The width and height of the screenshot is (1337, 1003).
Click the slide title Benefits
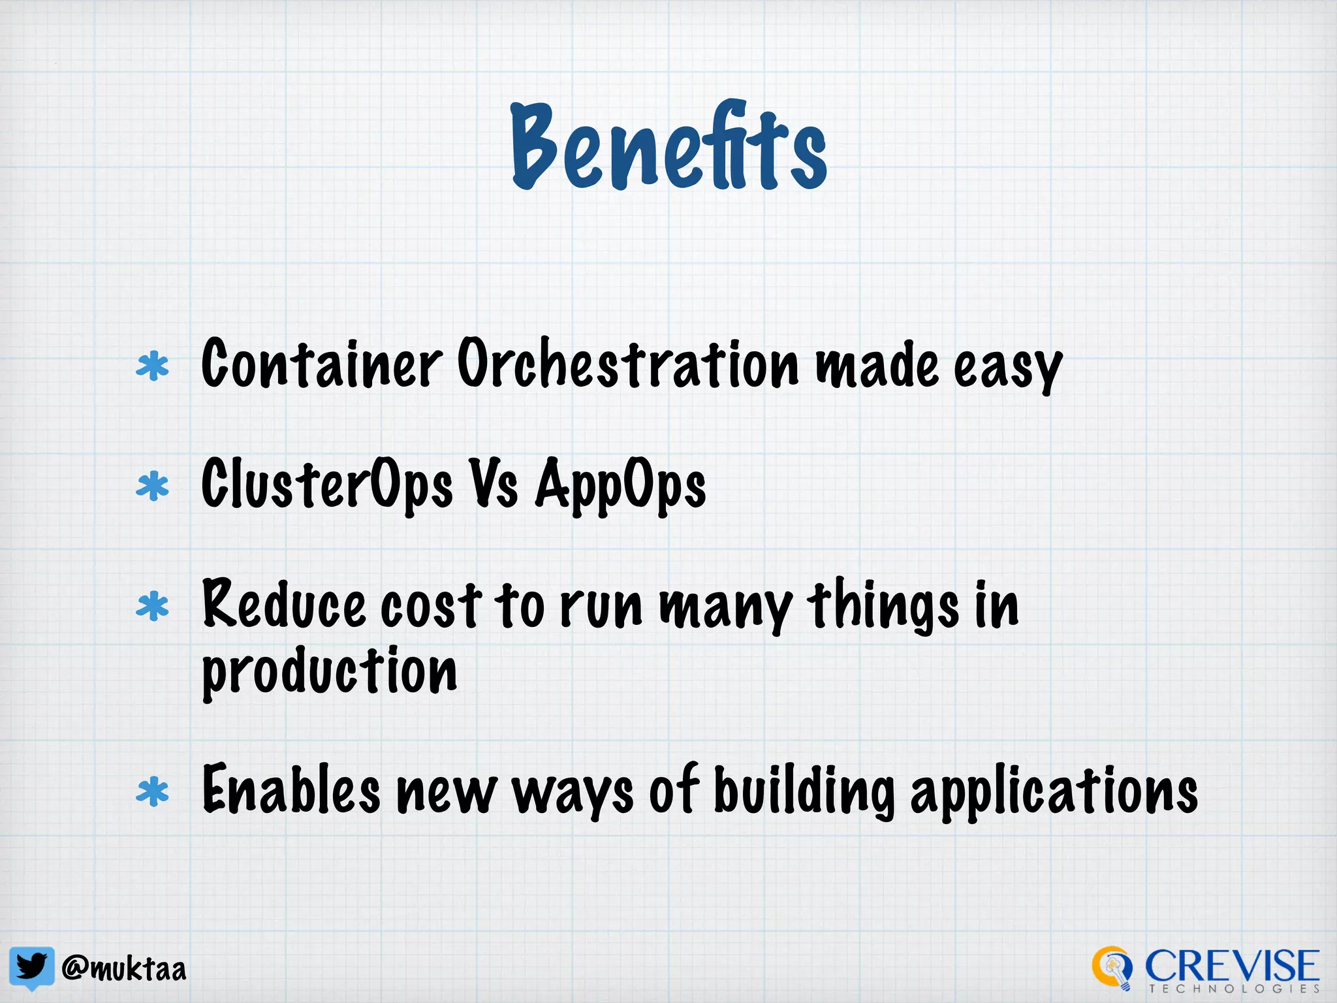coord(668,148)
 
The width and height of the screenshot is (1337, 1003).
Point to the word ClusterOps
coord(326,485)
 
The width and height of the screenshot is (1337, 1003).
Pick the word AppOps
coord(620,486)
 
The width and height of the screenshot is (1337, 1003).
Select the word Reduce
coord(283,604)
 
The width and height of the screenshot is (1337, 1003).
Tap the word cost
coord(431,605)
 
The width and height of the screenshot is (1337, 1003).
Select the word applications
coord(1054,791)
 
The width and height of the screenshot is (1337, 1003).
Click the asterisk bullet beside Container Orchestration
coord(153,366)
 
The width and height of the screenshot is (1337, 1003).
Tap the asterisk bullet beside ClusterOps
coord(153,486)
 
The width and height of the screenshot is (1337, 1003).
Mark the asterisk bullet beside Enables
coord(153,791)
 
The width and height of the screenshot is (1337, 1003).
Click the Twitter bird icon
coord(31,967)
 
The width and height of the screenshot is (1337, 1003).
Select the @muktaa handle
coord(124,968)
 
